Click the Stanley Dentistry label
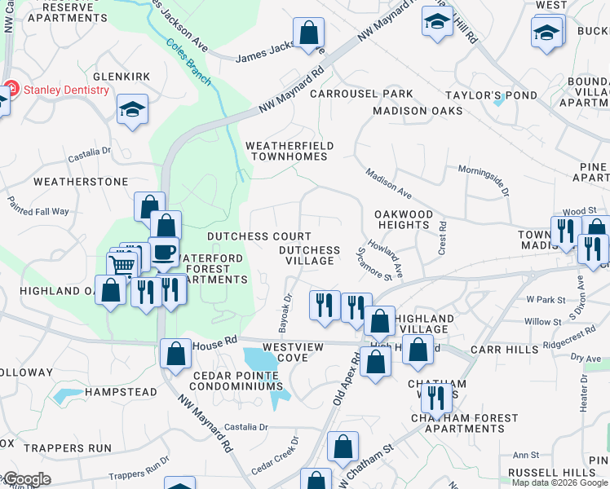point(65,90)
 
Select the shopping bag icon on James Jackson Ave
point(309,35)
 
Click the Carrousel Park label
point(361,94)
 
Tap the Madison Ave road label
point(388,184)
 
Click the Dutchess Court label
point(248,236)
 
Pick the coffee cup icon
point(163,251)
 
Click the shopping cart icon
point(122,266)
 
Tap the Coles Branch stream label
point(188,63)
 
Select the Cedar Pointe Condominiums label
point(236,380)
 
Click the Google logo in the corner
point(26,479)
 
